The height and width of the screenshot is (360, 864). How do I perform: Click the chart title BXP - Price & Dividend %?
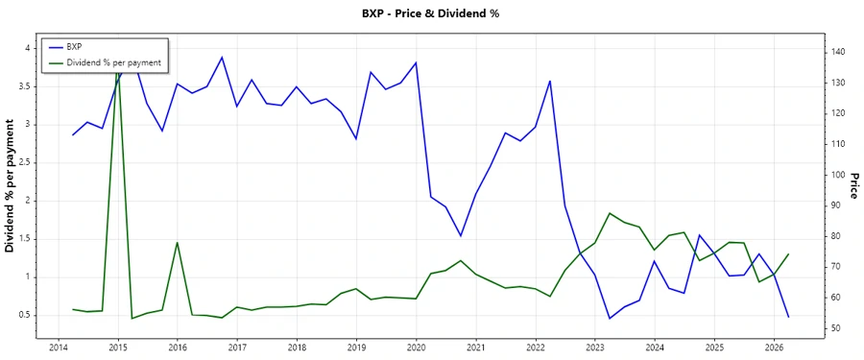[431, 13]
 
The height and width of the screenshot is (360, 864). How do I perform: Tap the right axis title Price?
[853, 186]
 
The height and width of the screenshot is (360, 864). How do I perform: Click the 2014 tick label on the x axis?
[58, 347]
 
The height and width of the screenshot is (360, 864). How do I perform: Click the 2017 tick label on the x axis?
[237, 347]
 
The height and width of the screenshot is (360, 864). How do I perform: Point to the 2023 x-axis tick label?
[595, 347]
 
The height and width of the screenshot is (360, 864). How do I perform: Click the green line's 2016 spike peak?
[177, 242]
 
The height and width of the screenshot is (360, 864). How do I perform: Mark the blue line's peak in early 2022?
[550, 81]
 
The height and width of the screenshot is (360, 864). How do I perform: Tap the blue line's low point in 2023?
[610, 319]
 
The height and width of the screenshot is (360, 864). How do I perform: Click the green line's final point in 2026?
[788, 254]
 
